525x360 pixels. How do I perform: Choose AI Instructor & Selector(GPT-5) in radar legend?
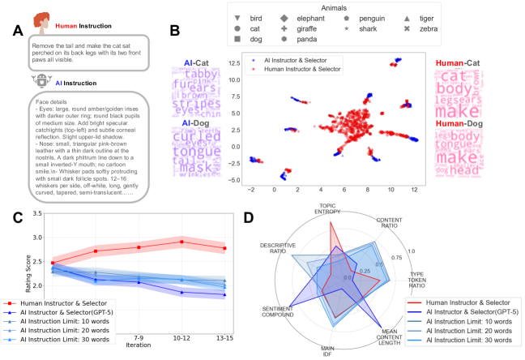click(468, 311)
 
